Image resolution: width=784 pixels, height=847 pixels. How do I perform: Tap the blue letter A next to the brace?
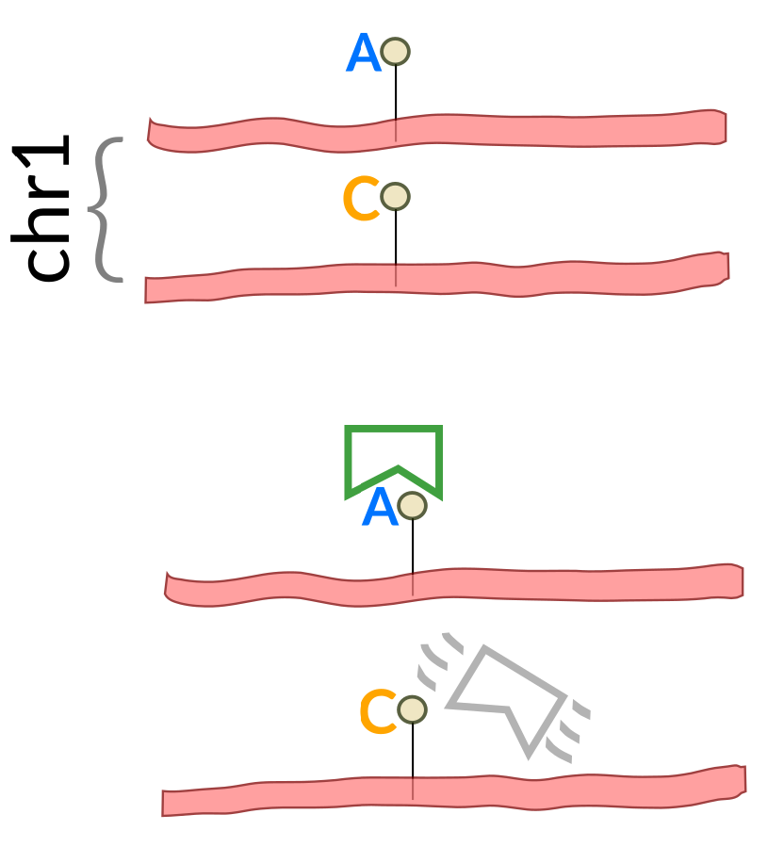pos(363,54)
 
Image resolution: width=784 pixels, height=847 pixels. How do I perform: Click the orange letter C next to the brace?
pos(360,200)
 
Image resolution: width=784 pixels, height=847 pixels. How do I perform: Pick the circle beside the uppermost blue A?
pos(395,52)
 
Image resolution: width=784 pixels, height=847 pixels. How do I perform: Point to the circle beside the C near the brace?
pos(395,197)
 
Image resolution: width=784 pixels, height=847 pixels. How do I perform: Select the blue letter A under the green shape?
pos(380,509)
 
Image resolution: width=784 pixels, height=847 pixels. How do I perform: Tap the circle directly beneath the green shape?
pos(412,506)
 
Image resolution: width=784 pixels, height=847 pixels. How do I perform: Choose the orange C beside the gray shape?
pos(378,712)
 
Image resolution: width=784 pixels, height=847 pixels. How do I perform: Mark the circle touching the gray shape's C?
pos(412,709)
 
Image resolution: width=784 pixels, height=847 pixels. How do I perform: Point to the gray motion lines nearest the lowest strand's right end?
pos(570,730)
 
